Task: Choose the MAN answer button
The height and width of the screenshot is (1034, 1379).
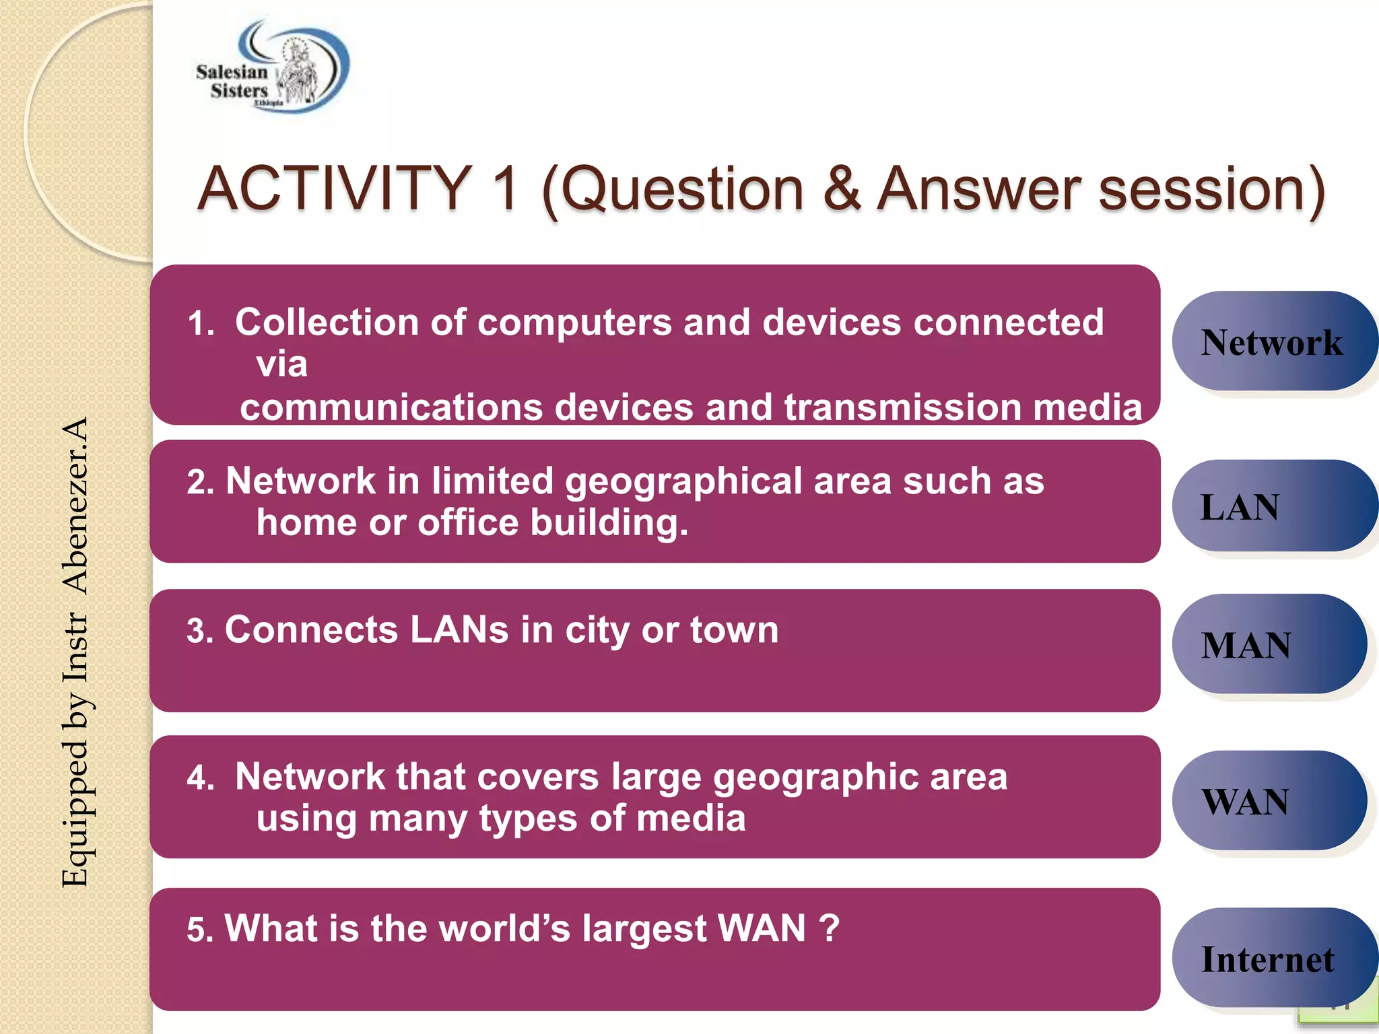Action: pos(1269,645)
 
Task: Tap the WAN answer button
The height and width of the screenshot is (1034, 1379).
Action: pos(1269,801)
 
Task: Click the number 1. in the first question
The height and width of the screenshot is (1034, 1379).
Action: pos(201,324)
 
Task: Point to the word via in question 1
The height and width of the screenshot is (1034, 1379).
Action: pos(281,365)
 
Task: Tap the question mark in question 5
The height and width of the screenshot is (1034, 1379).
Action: pos(830,928)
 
